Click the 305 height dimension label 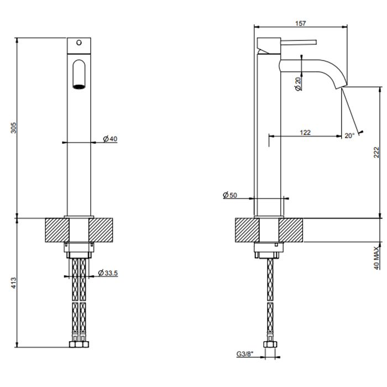(14, 128)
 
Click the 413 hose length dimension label (14, 283)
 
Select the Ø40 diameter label (110, 139)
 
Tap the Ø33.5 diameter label (108, 273)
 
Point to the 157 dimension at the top (301, 23)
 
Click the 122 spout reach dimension (305, 133)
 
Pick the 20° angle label (349, 135)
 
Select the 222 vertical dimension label (376, 153)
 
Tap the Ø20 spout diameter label (299, 84)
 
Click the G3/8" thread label (245, 354)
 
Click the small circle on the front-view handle (79, 43)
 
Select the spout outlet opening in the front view (79, 87)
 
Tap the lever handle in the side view (299, 42)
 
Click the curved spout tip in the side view (341, 86)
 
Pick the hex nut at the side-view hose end (270, 344)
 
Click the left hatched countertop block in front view (57, 230)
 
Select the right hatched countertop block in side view (291, 230)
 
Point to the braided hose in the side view (270, 296)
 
